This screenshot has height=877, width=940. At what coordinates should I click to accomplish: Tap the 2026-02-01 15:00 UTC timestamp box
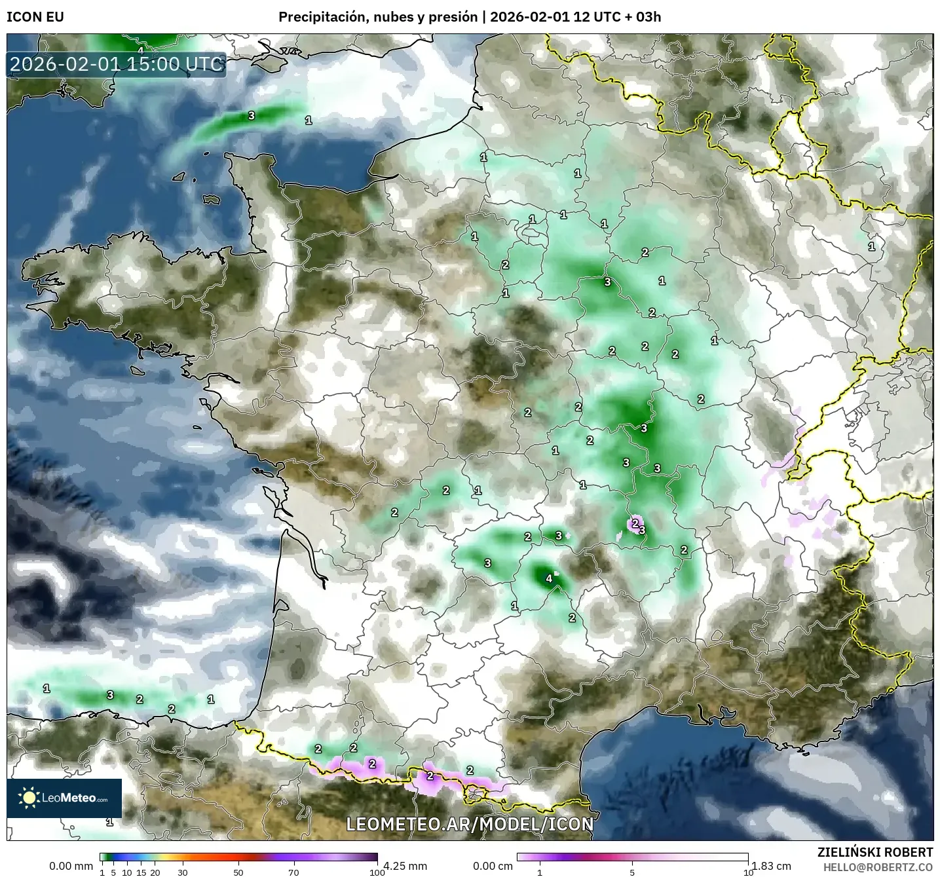(117, 65)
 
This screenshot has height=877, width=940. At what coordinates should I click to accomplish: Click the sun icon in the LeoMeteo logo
(29, 798)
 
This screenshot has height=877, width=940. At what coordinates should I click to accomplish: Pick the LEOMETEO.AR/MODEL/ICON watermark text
(470, 824)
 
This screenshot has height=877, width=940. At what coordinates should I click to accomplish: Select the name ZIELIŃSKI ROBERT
(875, 852)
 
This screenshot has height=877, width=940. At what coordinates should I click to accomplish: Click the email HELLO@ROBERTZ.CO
(878, 867)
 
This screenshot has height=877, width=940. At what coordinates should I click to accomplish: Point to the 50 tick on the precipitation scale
(238, 872)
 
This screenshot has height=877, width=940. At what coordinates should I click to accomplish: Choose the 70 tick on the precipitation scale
(294, 872)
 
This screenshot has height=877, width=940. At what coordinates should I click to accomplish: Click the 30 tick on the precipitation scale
(183, 872)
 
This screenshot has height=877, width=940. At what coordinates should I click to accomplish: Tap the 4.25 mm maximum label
(404, 866)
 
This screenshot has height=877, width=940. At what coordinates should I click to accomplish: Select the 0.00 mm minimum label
(71, 866)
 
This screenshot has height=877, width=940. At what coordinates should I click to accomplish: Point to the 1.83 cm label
(771, 866)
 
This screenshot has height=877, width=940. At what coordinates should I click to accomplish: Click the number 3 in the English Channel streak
(252, 116)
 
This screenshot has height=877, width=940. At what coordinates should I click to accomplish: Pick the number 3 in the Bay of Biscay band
(110, 695)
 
